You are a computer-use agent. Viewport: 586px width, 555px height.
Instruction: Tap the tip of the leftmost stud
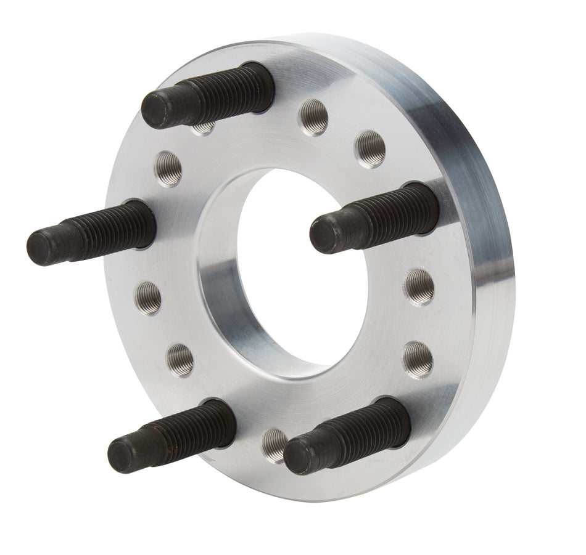click(45, 247)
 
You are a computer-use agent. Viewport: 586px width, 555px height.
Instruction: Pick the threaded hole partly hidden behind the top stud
click(204, 128)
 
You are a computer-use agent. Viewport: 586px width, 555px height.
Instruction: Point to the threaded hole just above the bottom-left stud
click(180, 357)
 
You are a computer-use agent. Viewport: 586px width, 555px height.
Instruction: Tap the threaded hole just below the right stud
click(421, 284)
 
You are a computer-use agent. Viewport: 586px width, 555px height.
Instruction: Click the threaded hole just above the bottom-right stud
click(416, 355)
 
